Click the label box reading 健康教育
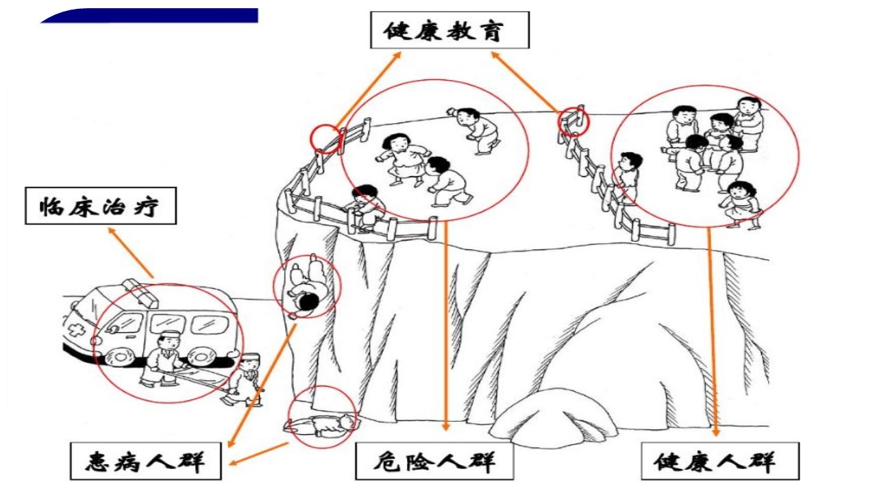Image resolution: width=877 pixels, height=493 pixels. pos(450,30)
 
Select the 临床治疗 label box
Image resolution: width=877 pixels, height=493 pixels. pos(101,206)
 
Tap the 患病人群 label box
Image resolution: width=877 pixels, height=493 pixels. pos(146,461)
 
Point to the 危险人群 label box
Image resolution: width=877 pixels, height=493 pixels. pos(434,461)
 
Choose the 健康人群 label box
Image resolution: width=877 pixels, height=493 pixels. pos(720,461)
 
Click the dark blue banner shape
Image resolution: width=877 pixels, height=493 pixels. pos(149,16)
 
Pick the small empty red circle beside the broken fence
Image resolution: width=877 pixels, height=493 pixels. pos(325,138)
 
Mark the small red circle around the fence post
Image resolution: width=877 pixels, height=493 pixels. pos(573,122)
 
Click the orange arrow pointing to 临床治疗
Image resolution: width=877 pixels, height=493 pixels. pos(131,253)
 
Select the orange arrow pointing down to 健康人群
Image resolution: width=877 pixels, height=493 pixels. pos(712,332)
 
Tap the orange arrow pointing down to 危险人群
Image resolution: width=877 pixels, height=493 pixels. pos(445,327)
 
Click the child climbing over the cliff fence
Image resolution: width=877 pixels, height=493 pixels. pos(366,208)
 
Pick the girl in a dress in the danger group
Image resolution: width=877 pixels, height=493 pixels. pos(402,160)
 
